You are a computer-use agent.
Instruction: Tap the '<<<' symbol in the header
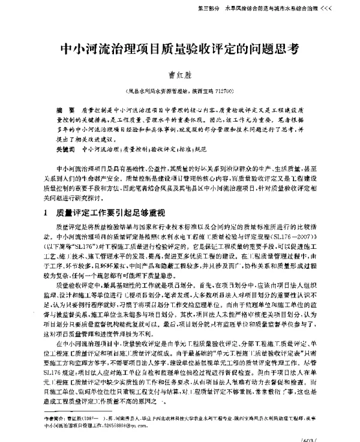(343, 10)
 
